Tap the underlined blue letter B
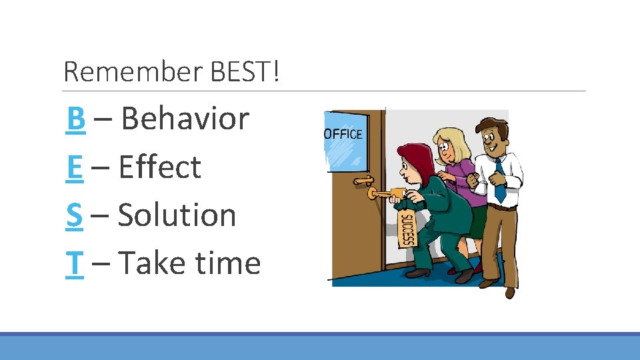(76, 119)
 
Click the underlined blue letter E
(75, 167)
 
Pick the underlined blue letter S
(75, 215)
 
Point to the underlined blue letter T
(75, 263)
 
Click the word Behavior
(185, 119)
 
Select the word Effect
(159, 167)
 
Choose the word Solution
(177, 215)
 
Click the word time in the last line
(227, 263)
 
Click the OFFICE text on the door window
(343, 134)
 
